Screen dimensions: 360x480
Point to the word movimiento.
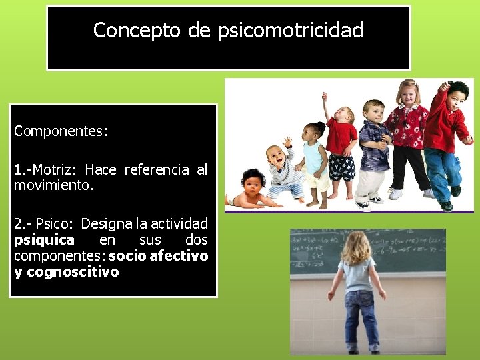[53, 185]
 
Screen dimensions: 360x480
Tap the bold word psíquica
[44, 240]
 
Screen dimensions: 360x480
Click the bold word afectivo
[180, 256]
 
